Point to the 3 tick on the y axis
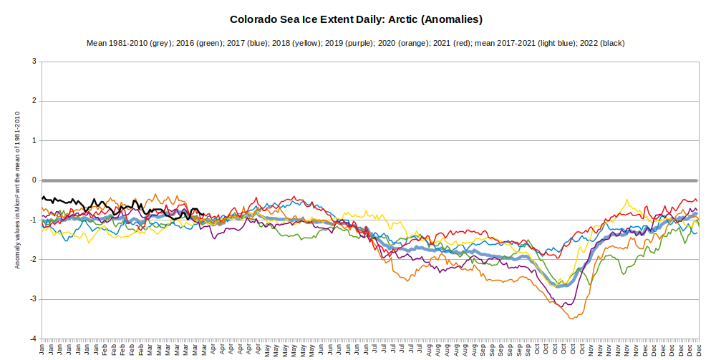pyautogui.click(x=34, y=62)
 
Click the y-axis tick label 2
pyautogui.click(x=34, y=101)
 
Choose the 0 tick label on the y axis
pyautogui.click(x=34, y=180)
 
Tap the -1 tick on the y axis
pyautogui.click(x=33, y=220)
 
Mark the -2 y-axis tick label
pyautogui.click(x=33, y=259)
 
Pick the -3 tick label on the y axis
pyautogui.click(x=33, y=299)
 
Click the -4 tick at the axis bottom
pyautogui.click(x=33, y=339)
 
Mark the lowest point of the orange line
pyautogui.click(x=571, y=318)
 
